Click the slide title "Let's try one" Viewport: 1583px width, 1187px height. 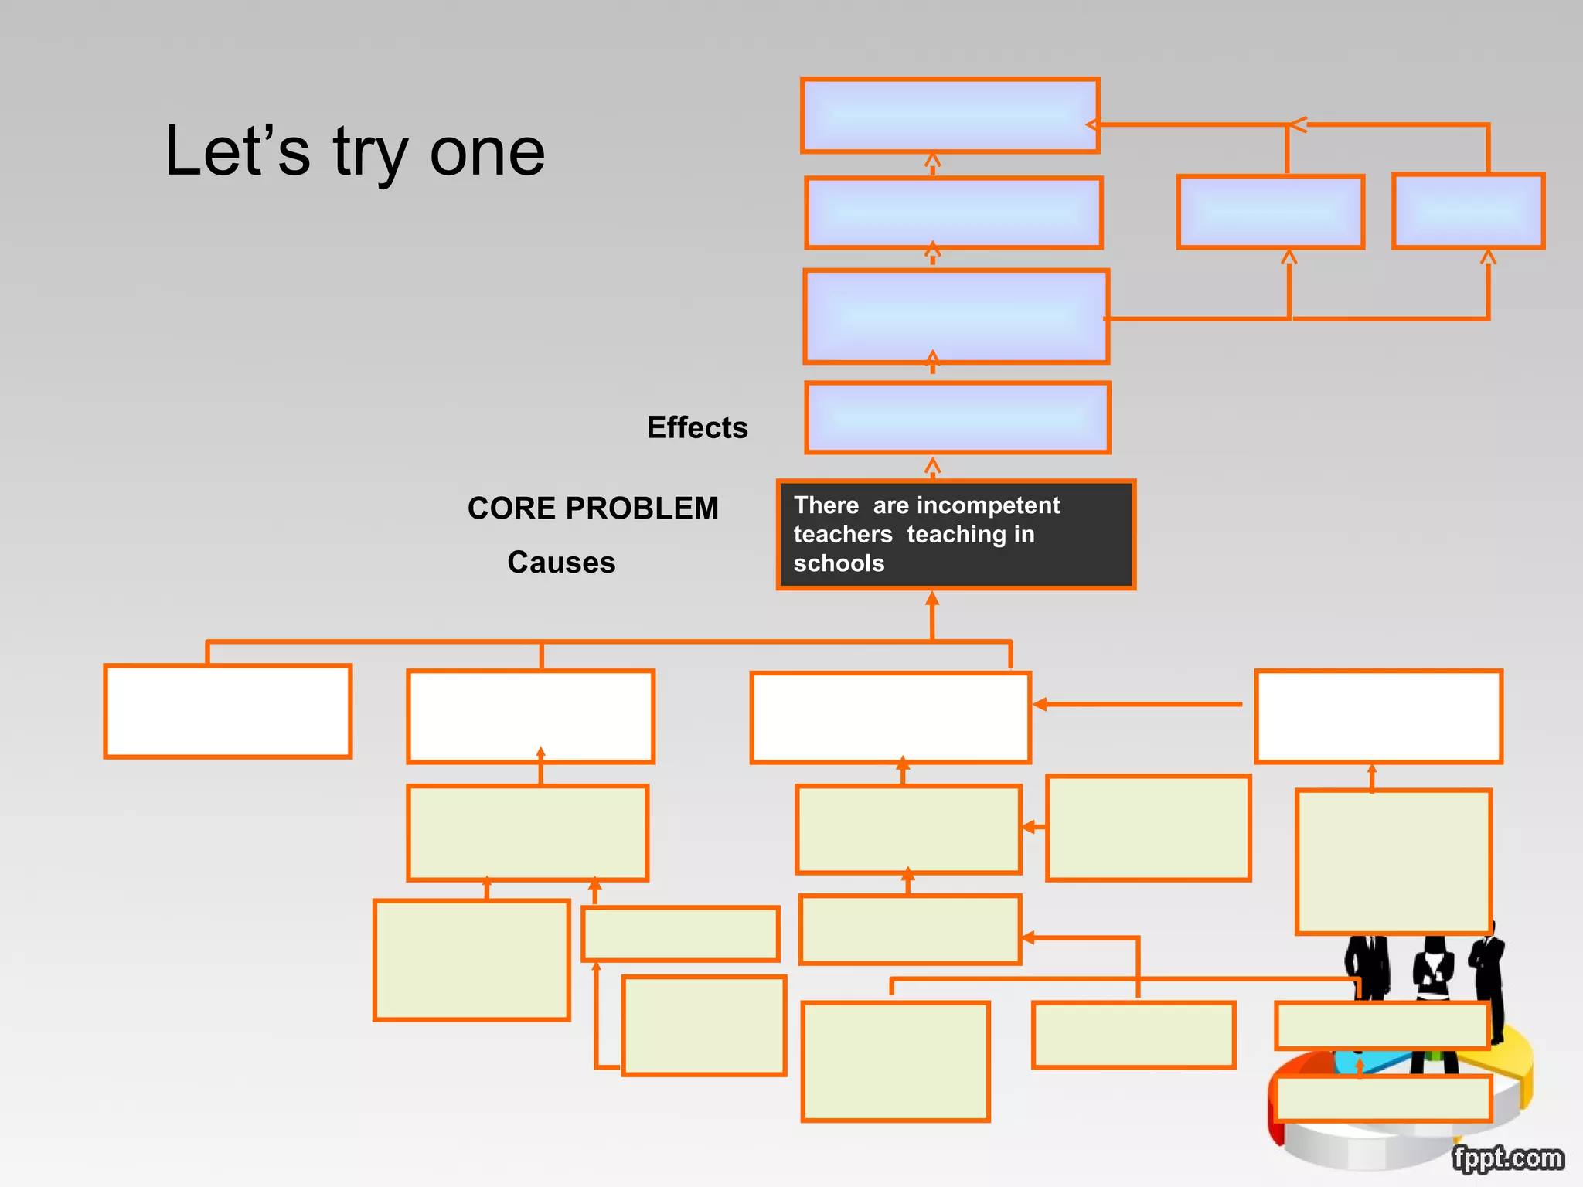355,152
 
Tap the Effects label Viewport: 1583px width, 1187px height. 697,427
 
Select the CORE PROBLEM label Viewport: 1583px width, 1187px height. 593,508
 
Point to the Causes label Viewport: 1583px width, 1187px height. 561,563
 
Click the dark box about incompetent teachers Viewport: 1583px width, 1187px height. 955,535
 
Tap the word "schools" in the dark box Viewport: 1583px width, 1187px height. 839,563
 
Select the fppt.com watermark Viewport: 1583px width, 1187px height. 1507,1158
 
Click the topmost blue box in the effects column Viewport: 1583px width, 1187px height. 950,115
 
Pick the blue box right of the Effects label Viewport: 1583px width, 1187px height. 957,417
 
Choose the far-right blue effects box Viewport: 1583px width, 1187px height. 1468,211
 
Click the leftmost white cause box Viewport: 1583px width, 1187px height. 228,711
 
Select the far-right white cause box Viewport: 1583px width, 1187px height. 1378,716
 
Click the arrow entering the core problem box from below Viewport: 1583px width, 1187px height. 932,614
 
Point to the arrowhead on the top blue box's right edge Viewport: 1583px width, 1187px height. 1092,124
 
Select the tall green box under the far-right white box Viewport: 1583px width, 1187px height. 1393,861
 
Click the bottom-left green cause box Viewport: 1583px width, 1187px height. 471,960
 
